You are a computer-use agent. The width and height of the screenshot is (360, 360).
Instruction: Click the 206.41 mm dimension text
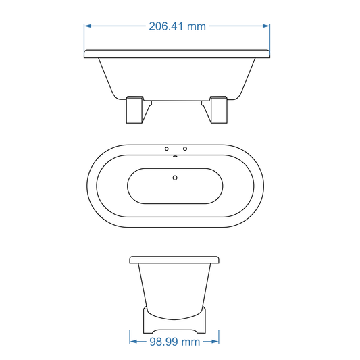[x=177, y=26]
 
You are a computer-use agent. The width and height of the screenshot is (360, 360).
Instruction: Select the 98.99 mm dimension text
[x=174, y=342]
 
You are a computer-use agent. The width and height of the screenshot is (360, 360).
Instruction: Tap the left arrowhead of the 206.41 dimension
[x=87, y=26]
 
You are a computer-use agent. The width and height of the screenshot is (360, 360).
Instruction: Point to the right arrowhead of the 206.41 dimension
[x=267, y=26]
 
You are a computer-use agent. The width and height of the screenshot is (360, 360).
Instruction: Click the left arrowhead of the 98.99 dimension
[x=132, y=342]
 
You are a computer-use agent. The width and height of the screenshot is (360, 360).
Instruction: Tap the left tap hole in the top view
[x=167, y=148]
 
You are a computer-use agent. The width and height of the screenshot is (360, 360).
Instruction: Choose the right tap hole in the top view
[x=185, y=148]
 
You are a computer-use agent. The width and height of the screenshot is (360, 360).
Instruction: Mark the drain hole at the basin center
[x=176, y=178]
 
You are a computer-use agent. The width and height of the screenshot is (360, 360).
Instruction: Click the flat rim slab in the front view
[x=177, y=53]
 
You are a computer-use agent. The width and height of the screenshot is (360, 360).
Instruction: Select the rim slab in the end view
[x=174, y=259]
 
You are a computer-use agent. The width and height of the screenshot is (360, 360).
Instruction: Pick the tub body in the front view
[x=177, y=78]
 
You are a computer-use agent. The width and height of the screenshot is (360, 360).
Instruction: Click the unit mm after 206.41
[x=195, y=26]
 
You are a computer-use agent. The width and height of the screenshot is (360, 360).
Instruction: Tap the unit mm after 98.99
[x=190, y=342]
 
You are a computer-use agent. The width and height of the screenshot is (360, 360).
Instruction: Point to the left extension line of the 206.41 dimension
[x=84, y=37]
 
